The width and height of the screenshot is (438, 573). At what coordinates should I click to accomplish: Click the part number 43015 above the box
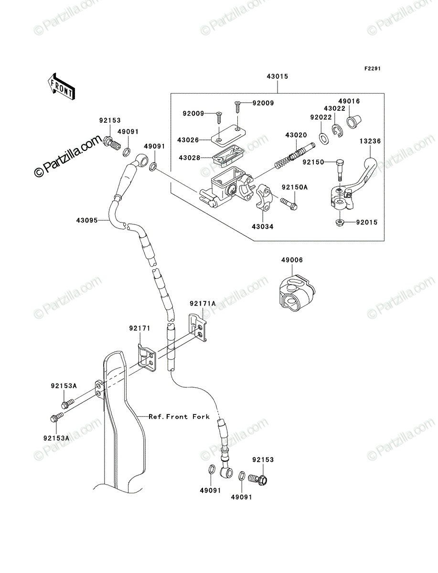[277, 76]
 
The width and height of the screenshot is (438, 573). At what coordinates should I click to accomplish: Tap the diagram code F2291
[373, 68]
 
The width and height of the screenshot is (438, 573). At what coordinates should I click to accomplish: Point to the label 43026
[188, 140]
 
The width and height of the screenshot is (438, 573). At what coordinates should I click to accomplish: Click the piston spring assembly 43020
[295, 156]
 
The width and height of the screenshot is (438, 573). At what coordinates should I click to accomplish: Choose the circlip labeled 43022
[338, 130]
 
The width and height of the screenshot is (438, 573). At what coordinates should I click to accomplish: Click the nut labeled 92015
[339, 223]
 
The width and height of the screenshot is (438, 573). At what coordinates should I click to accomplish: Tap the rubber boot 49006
[296, 293]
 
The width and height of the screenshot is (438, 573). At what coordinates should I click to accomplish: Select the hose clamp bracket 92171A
[198, 327]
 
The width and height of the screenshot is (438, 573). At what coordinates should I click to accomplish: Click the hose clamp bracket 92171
[147, 358]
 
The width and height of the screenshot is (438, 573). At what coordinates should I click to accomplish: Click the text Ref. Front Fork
[179, 416]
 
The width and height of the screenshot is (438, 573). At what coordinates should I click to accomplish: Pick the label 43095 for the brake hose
[87, 220]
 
